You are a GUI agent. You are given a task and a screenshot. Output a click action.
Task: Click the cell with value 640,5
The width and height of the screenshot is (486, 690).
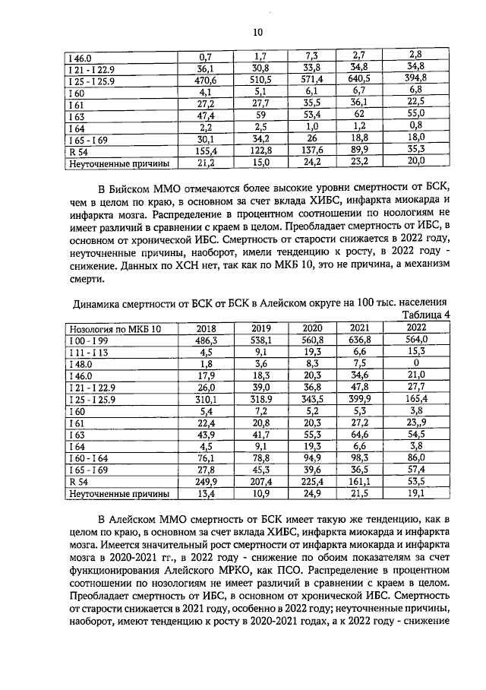(361, 78)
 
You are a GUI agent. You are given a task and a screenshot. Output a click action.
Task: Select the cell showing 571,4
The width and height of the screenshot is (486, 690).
(308, 78)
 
